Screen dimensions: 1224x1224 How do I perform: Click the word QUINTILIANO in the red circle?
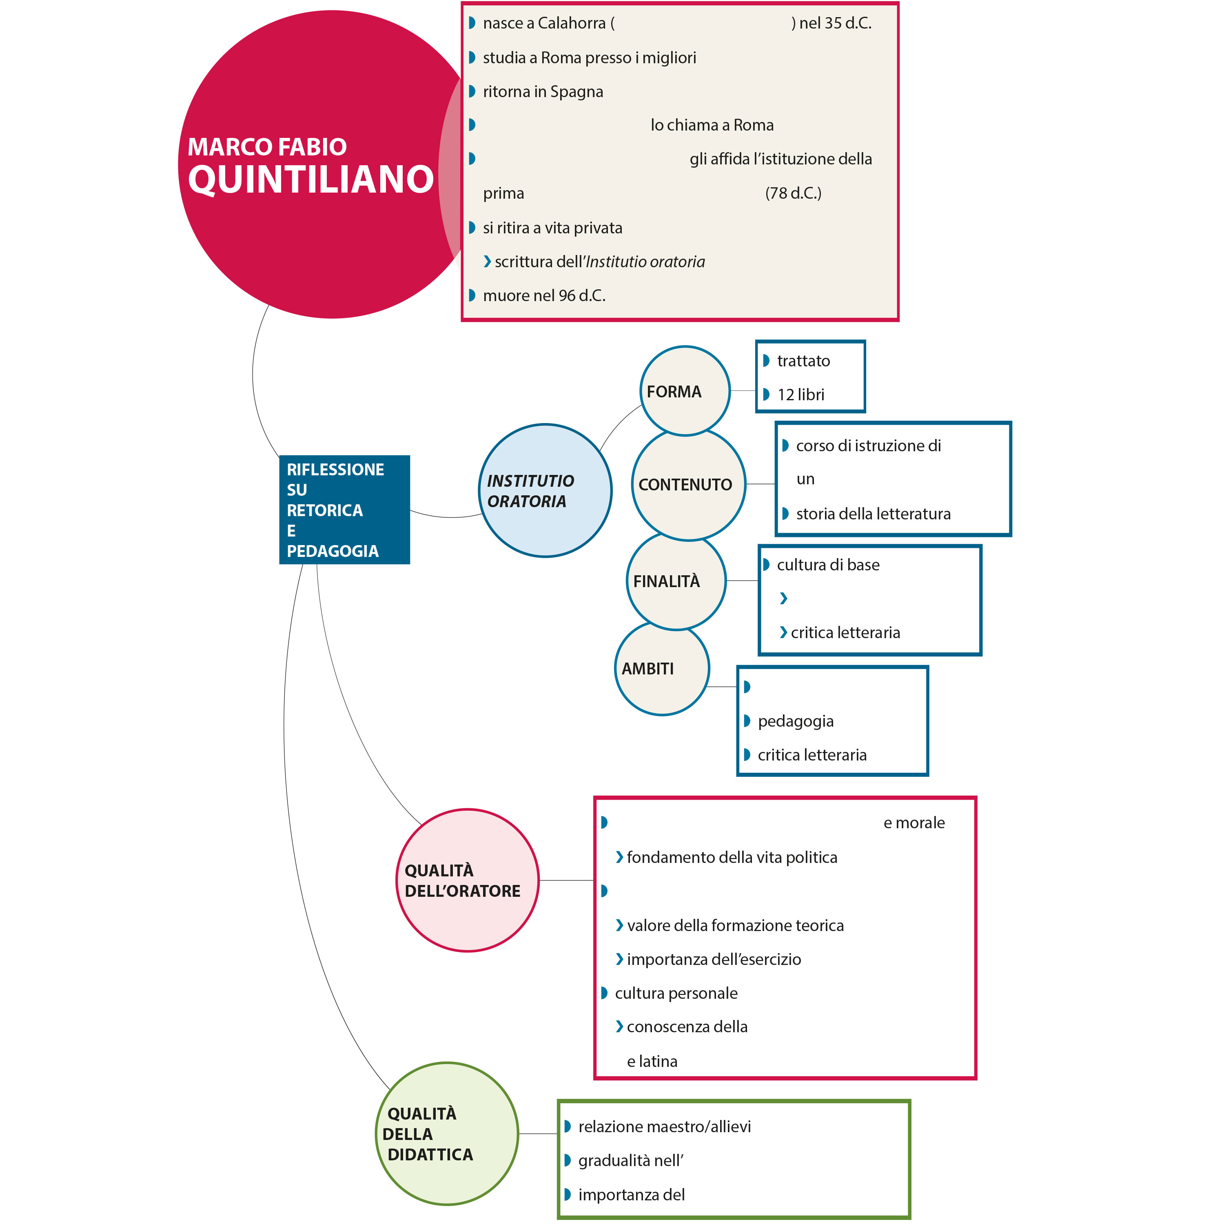click(310, 179)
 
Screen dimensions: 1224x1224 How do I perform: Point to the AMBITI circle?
click(661, 669)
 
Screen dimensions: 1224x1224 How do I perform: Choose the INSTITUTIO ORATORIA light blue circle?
click(545, 491)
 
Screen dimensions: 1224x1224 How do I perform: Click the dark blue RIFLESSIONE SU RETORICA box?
click(344, 509)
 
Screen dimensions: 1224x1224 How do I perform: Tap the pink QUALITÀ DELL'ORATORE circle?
click(467, 880)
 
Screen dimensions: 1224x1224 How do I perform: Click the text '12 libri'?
click(801, 395)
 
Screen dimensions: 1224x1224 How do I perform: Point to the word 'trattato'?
click(803, 361)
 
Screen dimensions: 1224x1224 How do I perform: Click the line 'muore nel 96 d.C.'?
click(543, 296)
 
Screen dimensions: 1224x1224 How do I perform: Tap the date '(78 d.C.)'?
click(793, 193)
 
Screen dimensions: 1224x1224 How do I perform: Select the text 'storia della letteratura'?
click(873, 514)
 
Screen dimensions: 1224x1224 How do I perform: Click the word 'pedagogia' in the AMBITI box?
click(796, 721)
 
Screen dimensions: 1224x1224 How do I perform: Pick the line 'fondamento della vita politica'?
click(732, 857)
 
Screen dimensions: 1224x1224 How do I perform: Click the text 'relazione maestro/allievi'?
click(664, 1126)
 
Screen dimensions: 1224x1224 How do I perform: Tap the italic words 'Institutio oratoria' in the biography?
click(645, 262)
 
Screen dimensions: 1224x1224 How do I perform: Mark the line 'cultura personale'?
click(676, 993)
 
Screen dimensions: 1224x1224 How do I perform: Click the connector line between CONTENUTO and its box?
click(760, 484)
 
